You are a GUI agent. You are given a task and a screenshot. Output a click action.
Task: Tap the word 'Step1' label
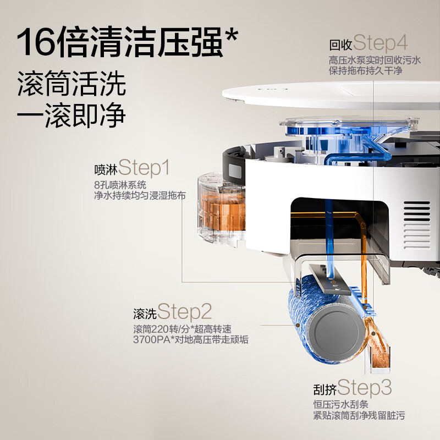tap(144, 167)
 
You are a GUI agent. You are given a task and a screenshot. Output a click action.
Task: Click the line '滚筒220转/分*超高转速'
tap(182, 329)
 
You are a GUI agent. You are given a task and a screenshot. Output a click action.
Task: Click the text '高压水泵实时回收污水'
tap(375, 60)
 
